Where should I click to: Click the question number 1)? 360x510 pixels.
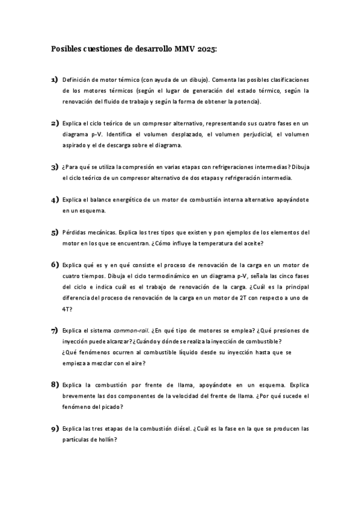point(54,79)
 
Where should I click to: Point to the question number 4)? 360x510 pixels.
point(54,199)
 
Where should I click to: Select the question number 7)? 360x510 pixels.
point(54,331)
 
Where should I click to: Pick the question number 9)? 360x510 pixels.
point(54,429)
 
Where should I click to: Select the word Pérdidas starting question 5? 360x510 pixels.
point(75,232)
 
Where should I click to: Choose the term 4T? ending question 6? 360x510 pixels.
point(67,309)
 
